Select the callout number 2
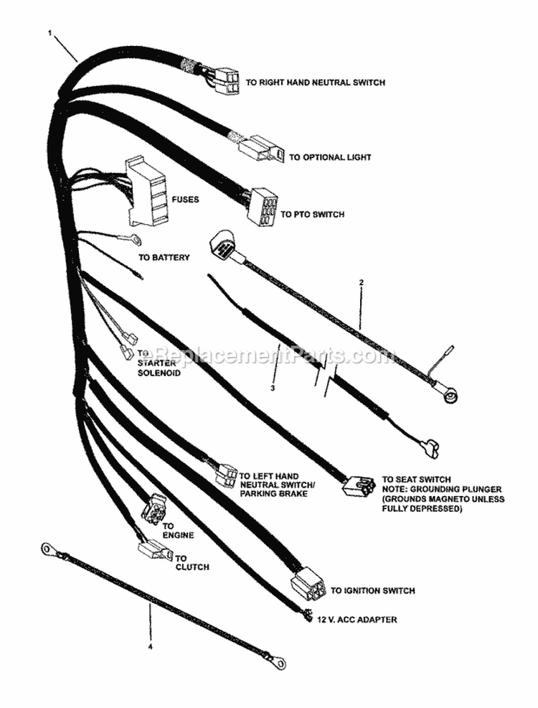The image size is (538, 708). tap(362, 282)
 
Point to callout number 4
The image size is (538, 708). tap(151, 646)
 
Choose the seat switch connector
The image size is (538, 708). tap(358, 485)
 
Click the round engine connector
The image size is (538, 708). tap(154, 511)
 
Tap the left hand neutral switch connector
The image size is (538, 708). tap(225, 473)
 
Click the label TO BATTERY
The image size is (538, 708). tap(164, 257)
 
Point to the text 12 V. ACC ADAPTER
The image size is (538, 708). tap(356, 619)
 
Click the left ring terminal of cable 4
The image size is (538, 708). tap(48, 549)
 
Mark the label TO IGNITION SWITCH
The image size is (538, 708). tap(372, 591)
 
